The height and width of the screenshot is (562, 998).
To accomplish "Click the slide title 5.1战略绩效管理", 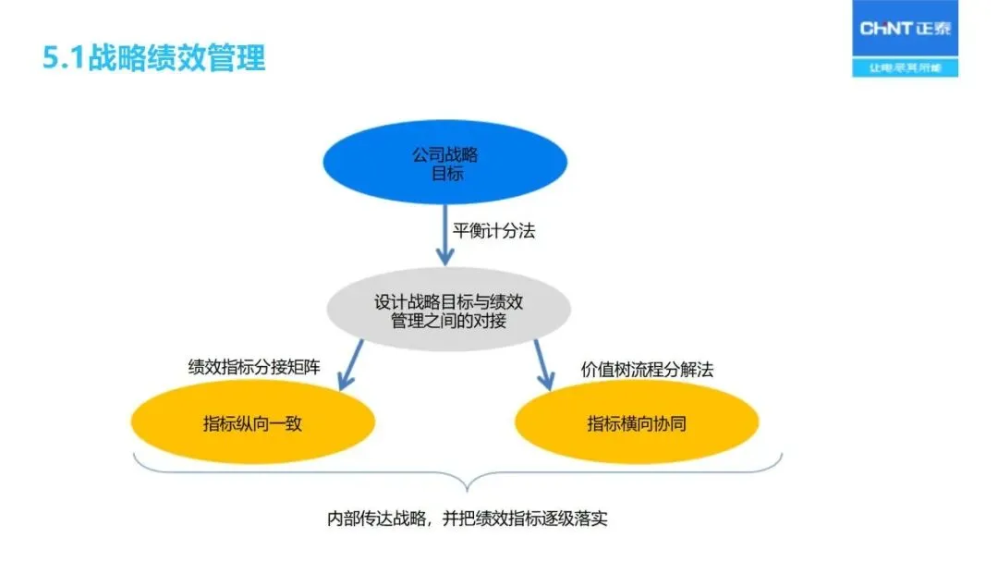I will tap(154, 58).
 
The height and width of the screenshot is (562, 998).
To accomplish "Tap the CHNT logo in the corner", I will tap(905, 30).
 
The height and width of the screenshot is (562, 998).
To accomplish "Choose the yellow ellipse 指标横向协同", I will tap(636, 423).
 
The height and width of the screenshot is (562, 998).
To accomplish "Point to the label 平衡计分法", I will tap(493, 231).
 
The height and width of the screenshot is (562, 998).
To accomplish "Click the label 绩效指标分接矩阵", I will tap(254, 367).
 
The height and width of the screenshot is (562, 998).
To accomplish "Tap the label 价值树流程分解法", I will tap(647, 369).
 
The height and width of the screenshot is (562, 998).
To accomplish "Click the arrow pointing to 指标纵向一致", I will tap(350, 364).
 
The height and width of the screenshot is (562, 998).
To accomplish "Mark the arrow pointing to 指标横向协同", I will tap(543, 364).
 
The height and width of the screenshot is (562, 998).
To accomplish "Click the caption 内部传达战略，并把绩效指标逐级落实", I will tap(468, 519).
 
